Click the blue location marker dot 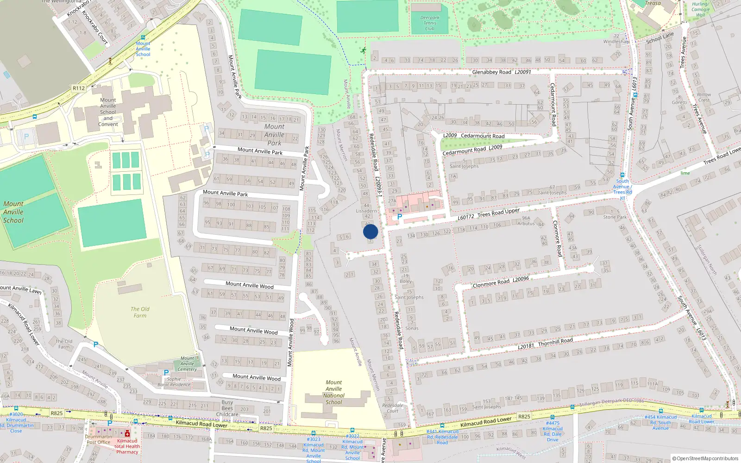click(370, 231)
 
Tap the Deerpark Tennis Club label click(429, 23)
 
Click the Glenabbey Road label click(491, 72)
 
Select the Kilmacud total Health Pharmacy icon click(127, 434)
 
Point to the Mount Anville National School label click(333, 392)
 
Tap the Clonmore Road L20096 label click(501, 282)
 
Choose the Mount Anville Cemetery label click(187, 363)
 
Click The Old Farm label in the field click(140, 312)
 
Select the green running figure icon click(364, 50)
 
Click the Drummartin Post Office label click(98, 439)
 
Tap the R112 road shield click(79, 88)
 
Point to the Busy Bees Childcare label click(227, 408)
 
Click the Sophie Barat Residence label click(174, 382)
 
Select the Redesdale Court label click(392, 408)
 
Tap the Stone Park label click(615, 217)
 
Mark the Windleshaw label click(616, 42)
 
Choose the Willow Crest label click(703, 97)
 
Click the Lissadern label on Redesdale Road click(366, 211)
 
